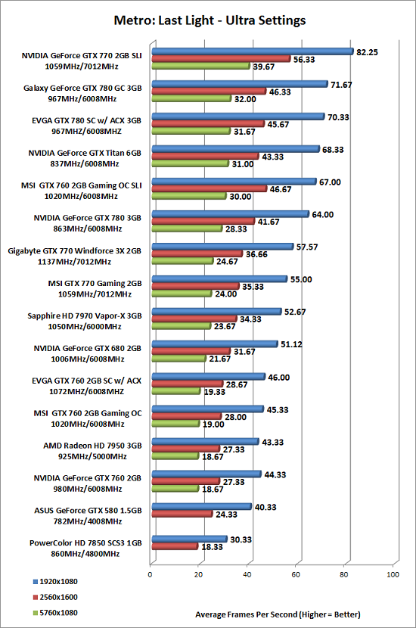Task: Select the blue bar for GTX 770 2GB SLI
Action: tap(253, 51)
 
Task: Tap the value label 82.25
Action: tap(367, 52)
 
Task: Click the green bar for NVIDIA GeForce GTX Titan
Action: tap(190, 163)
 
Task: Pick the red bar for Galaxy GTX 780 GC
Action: tap(209, 92)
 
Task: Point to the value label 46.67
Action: tap(281, 189)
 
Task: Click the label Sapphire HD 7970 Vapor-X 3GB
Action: tap(85, 316)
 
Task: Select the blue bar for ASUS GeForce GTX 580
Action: tap(202, 507)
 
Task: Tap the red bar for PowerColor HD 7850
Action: tap(175, 546)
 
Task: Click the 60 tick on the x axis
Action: tap(296, 575)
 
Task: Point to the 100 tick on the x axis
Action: tap(393, 575)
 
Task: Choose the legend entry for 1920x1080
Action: tap(55, 582)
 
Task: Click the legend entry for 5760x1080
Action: tap(55, 613)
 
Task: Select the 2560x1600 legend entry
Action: tap(55, 597)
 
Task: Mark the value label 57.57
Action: tap(307, 247)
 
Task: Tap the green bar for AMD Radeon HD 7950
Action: tap(175, 455)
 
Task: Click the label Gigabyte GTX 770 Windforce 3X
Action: tap(74, 251)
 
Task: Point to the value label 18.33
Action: tap(212, 547)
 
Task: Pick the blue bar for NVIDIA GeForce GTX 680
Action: tap(215, 344)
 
